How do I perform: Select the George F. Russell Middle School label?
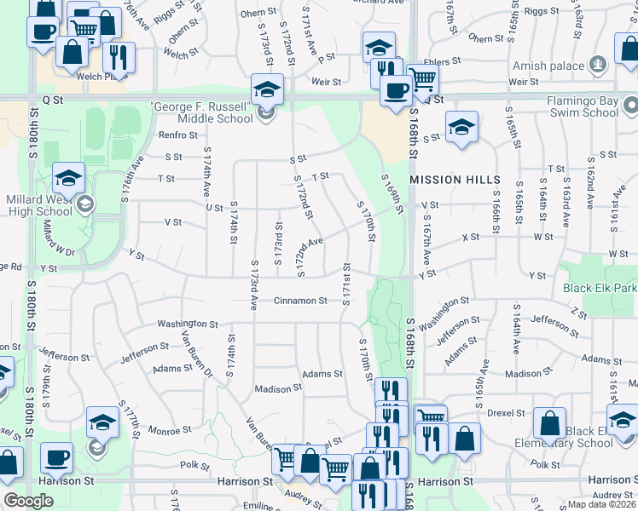click(x=202, y=112)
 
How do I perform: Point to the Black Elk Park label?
click(x=600, y=288)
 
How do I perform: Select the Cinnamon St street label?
click(x=300, y=301)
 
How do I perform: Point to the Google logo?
click(x=28, y=501)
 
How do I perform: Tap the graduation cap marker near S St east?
click(x=461, y=129)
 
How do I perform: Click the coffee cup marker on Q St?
click(x=396, y=90)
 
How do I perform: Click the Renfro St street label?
click(x=177, y=135)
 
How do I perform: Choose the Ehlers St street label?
click(x=444, y=61)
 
